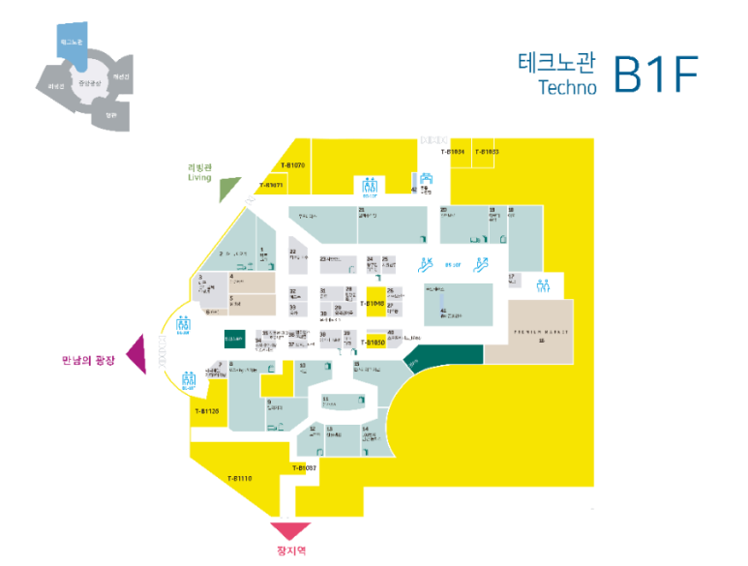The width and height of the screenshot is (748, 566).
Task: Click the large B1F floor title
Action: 655,74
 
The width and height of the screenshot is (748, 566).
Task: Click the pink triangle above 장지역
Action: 290,530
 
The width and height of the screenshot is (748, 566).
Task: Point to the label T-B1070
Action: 292,165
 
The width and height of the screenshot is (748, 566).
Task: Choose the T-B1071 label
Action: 271,185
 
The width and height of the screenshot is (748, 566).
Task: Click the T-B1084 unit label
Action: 454,152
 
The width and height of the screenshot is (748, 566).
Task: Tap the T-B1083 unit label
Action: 486,152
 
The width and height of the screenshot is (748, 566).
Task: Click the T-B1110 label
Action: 240,478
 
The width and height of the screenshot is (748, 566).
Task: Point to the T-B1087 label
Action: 305,468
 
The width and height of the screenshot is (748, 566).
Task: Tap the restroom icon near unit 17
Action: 544,285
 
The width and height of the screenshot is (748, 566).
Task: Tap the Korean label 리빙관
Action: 198,166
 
